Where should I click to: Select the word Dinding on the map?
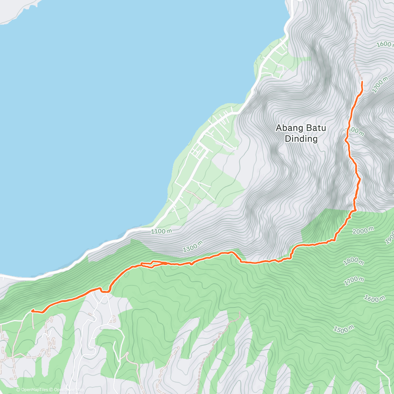click(x=301, y=139)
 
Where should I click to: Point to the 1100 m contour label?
click(x=162, y=231)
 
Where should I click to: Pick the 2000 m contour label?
click(x=363, y=230)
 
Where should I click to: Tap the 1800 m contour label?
click(x=353, y=261)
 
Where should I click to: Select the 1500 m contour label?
click(x=343, y=329)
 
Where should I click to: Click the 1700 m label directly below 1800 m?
click(x=354, y=281)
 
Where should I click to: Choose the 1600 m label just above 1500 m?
click(x=374, y=298)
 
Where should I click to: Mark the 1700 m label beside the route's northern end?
click(x=380, y=85)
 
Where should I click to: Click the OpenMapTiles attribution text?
click(x=32, y=390)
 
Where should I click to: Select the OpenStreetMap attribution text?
click(x=67, y=390)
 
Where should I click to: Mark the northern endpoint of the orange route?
click(x=362, y=81)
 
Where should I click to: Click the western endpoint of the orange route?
click(x=32, y=310)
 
